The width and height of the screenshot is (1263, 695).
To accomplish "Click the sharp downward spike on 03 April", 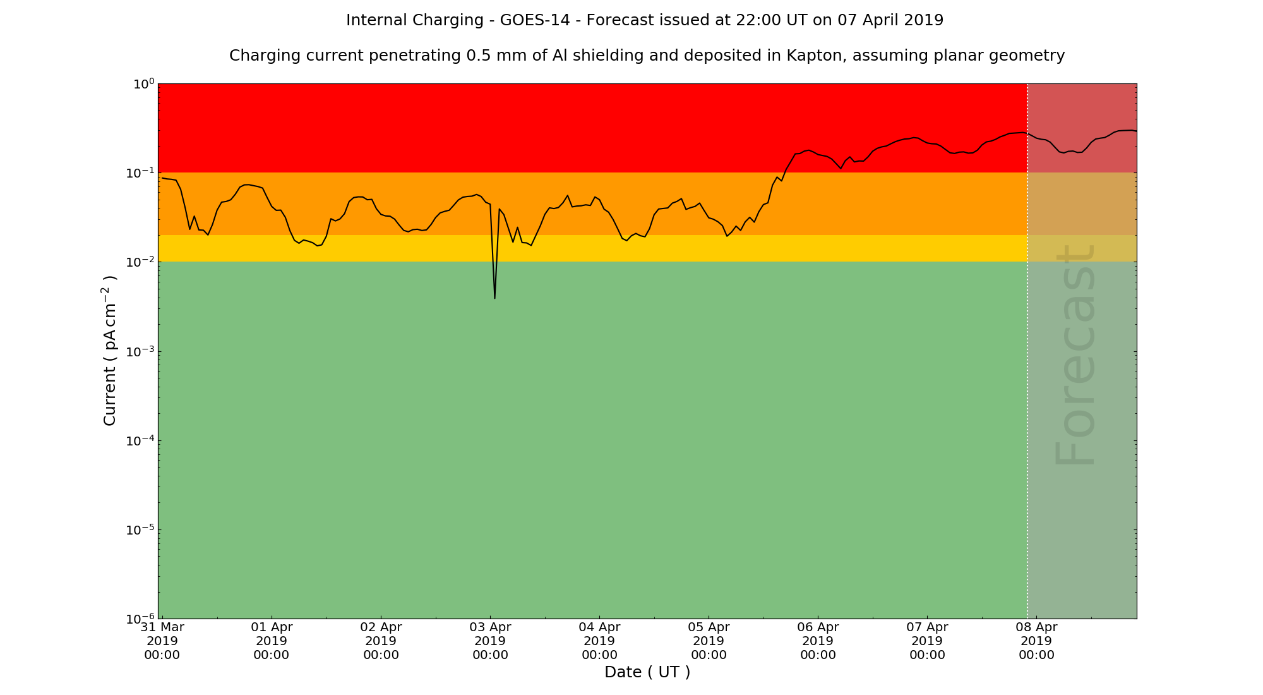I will [494, 297].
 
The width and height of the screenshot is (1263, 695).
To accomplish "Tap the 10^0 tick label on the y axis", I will [143, 84].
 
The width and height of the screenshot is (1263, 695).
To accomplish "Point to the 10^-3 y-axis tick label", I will [140, 352].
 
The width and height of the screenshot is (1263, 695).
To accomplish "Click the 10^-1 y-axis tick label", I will [140, 173].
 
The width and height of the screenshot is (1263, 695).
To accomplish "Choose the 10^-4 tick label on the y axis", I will [140, 441].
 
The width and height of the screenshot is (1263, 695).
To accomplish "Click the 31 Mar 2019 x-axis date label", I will [162, 641].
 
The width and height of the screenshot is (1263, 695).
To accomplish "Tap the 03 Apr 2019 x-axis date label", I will [490, 641].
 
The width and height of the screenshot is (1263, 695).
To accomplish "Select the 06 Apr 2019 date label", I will [818, 641].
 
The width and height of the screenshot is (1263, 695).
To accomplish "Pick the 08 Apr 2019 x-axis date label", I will [1036, 641].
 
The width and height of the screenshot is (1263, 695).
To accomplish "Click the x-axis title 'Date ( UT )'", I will [647, 672].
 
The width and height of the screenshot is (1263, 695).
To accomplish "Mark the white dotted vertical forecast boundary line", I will [1027, 379].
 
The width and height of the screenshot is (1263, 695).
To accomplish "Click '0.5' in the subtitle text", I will [477, 56].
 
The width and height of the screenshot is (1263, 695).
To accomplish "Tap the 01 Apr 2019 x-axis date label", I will [272, 641].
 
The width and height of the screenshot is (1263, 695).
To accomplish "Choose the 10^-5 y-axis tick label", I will [140, 530].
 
